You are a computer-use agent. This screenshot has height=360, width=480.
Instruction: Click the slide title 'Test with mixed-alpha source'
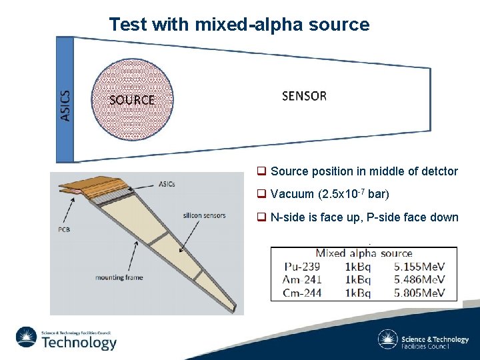tap(239, 25)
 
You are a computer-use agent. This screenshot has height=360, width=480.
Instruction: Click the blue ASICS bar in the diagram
tap(65, 100)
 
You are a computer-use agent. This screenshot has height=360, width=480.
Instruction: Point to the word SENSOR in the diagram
tap(304, 96)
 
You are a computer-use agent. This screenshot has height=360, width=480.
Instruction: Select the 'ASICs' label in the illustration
tap(167, 184)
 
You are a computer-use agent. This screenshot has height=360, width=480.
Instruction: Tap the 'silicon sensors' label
tap(204, 215)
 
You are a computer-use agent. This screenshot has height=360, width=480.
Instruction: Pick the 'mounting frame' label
tap(119, 277)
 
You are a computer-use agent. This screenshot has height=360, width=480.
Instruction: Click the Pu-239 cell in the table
tap(303, 266)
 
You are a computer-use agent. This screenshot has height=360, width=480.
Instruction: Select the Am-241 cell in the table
tap(303, 279)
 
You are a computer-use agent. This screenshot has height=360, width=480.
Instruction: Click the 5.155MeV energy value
tap(419, 266)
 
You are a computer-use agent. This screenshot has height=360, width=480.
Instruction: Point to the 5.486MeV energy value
tap(419, 279)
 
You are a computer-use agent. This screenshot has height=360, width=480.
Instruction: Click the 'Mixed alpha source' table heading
tap(364, 253)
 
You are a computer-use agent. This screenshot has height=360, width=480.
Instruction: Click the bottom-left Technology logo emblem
tap(27, 338)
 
